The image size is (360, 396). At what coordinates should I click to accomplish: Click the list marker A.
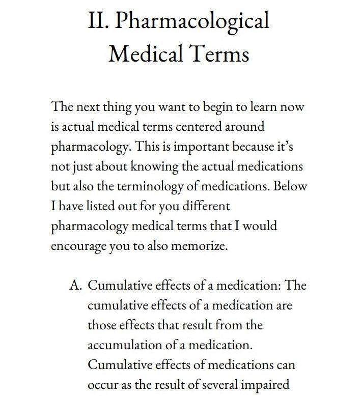coord(75,285)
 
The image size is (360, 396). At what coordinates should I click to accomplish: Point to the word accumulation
coord(120,345)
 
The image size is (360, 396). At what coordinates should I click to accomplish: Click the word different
coord(202,206)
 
